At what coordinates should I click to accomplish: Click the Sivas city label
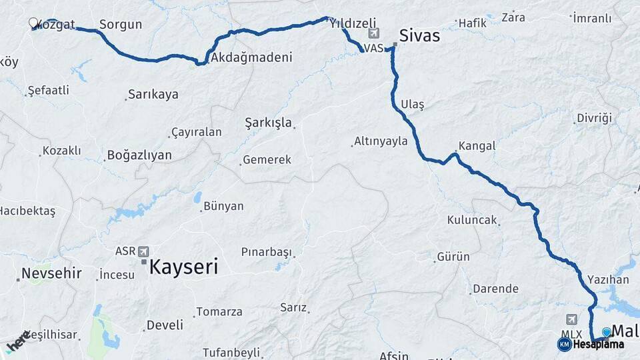419,35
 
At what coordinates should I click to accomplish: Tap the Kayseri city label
183,267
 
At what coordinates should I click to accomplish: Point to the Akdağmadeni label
251,57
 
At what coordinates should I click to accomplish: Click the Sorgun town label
121,25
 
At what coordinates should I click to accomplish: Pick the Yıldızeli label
353,22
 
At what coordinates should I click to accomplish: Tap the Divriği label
594,118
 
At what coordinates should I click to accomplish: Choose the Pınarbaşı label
267,252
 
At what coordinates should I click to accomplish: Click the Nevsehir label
51,273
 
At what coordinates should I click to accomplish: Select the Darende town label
495,289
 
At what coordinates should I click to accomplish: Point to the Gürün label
453,257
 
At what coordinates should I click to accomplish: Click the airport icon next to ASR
143,251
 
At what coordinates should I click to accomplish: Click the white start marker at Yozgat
33,23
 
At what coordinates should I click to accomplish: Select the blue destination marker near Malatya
606,331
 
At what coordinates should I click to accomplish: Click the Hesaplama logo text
598,345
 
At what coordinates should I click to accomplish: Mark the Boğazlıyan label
139,155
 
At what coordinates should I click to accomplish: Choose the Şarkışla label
268,123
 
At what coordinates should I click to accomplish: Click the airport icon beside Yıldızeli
373,33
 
